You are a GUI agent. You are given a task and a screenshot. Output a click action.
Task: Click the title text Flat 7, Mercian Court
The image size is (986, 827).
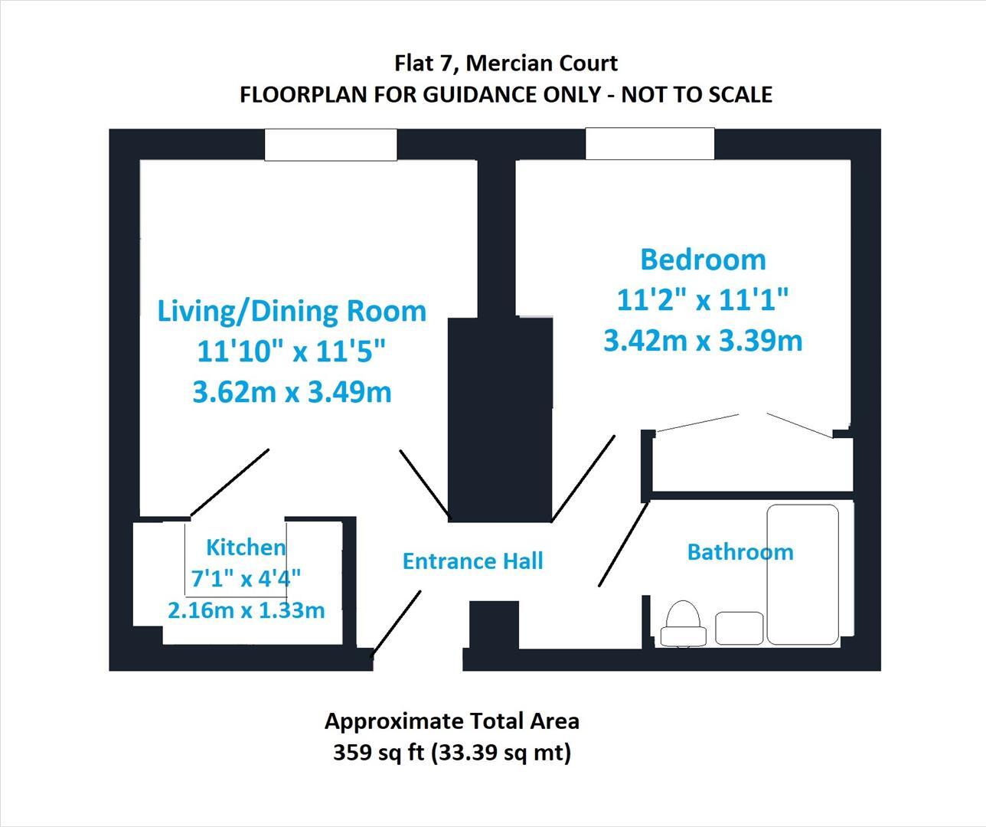(x=505, y=62)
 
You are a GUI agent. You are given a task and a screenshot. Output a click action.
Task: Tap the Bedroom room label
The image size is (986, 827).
(x=703, y=260)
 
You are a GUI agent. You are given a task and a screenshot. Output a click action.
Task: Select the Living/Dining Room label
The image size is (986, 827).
(x=292, y=311)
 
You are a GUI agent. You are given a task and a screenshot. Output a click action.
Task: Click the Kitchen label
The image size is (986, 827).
(x=246, y=547)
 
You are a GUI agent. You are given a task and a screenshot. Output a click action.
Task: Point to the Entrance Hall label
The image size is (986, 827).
(x=472, y=561)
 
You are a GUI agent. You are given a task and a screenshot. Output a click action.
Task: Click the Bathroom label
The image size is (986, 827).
(x=739, y=551)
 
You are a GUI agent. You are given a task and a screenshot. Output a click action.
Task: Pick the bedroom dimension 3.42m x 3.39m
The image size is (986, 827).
(x=703, y=340)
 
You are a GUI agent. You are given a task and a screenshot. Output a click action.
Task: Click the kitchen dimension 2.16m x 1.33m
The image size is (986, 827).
(x=246, y=610)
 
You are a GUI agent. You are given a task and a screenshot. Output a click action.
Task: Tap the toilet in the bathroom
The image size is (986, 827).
(x=684, y=623)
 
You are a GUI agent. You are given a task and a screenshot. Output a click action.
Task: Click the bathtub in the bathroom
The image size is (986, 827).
(x=802, y=574)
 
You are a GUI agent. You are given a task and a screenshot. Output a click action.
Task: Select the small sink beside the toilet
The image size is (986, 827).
(x=739, y=628)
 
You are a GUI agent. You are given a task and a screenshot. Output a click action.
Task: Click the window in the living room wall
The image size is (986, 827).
(x=331, y=145)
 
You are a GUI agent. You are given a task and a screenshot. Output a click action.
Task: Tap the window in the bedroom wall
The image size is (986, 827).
(x=650, y=144)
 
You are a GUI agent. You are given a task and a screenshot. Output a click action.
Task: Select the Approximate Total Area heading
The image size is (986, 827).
(x=452, y=721)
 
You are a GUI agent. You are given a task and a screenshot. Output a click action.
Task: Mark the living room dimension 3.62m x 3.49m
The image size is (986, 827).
(x=292, y=392)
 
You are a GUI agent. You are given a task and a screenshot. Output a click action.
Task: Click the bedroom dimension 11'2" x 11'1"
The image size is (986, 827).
(x=703, y=300)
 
